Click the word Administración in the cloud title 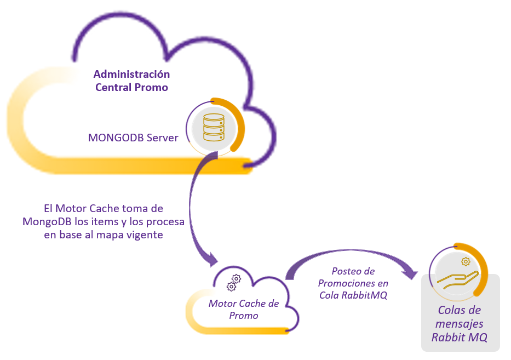pyautogui.click(x=131, y=74)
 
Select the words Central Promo pyautogui.click(x=131, y=87)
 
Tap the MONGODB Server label pyautogui.click(x=133, y=138)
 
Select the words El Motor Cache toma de pyautogui.click(x=104, y=209)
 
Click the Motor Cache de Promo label pyautogui.click(x=244, y=310)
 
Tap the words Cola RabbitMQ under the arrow pyautogui.click(x=353, y=295)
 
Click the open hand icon pyautogui.click(x=458, y=279)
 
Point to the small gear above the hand pyautogui.click(x=466, y=262)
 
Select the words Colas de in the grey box pyautogui.click(x=460, y=311)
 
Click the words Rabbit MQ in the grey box pyautogui.click(x=460, y=338)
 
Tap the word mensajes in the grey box pyautogui.click(x=460, y=324)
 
